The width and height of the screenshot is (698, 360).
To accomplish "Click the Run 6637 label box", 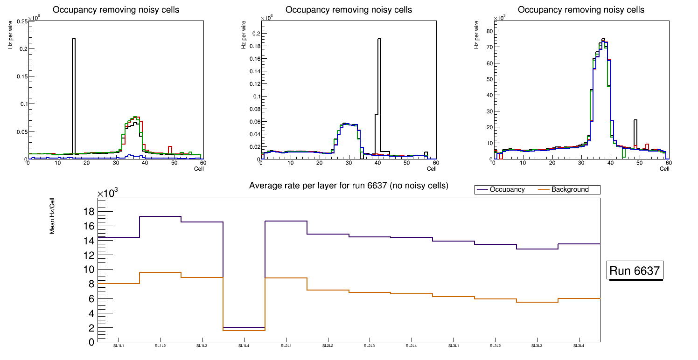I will tap(635, 270).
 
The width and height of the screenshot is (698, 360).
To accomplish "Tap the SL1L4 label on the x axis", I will tap(244, 346).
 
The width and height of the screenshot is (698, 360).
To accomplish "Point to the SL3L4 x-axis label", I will tap(579, 346).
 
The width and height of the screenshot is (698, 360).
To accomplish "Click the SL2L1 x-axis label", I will tap(286, 346).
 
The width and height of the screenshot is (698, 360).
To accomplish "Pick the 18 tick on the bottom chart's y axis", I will tap(89, 212).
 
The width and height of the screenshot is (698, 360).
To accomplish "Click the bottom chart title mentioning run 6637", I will tap(349, 186).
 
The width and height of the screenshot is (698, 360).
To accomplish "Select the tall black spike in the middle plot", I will tap(379, 93).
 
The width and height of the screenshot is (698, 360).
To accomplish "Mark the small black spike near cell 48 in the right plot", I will tap(635, 133).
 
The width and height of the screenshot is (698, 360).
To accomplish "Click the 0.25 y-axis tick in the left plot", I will tap(21, 21).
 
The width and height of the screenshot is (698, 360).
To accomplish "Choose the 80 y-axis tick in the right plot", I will tap(490, 31).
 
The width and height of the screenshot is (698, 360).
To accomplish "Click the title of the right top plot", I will tap(581, 10).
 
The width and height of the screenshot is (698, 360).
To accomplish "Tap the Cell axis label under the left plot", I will tap(199, 168).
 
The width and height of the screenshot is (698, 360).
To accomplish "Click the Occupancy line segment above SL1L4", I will tap(244, 327).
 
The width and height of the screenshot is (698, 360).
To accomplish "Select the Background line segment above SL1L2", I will tap(160, 272).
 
